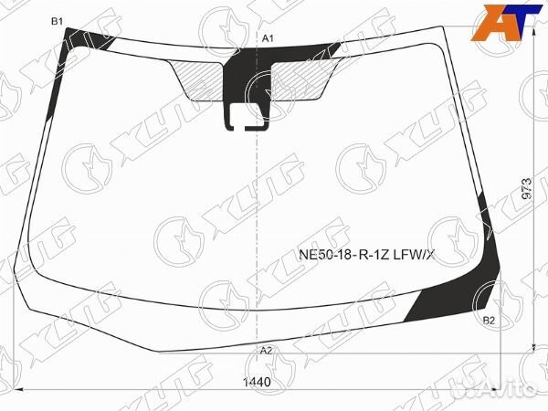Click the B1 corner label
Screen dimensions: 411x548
57,21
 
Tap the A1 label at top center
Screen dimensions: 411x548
269,37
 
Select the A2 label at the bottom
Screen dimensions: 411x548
266,351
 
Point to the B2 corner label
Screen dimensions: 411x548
489,320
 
